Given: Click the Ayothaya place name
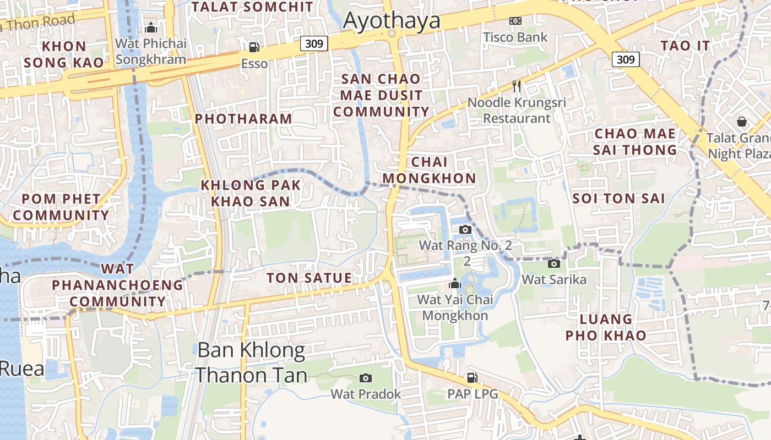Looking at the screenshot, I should (x=392, y=20).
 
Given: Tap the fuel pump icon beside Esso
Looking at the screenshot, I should (x=254, y=47).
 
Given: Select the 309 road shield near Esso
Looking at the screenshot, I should (x=314, y=43).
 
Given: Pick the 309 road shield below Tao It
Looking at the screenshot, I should (x=626, y=59).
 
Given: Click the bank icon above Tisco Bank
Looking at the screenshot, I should (x=515, y=21).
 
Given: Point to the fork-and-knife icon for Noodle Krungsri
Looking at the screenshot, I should (x=517, y=86).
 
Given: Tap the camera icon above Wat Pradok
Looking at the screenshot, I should (x=366, y=378).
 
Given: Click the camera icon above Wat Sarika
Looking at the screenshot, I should (x=554, y=263).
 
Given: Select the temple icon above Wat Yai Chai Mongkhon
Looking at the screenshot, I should (x=455, y=284).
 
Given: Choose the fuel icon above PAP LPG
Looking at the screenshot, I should (x=472, y=378).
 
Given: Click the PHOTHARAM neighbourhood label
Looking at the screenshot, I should (x=243, y=119).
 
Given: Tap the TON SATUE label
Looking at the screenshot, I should (x=309, y=278).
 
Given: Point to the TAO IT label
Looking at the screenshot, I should (x=685, y=46).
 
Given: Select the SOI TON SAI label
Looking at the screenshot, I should (x=619, y=199).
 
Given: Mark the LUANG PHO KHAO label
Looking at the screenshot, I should (x=606, y=327).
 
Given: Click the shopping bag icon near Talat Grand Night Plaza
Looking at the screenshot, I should (x=742, y=121).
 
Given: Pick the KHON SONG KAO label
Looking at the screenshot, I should (x=64, y=54).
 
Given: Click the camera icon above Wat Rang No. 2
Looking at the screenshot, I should (x=465, y=229).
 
